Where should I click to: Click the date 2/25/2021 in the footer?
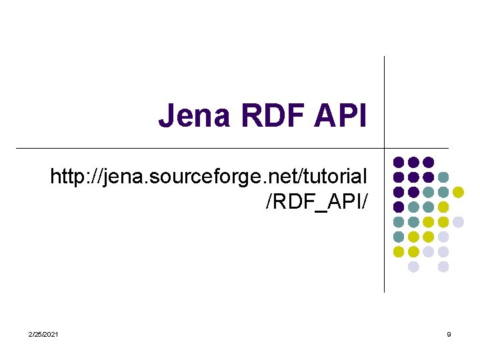coord(43,333)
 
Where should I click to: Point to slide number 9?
coord(449,333)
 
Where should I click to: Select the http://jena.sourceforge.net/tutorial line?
coord(208,177)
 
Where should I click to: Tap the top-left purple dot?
coord(399,162)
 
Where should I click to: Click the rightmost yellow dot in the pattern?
coord(458,192)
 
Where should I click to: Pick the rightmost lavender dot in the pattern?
coord(458,222)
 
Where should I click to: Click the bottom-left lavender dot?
coord(413,267)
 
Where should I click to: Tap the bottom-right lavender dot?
coord(443,267)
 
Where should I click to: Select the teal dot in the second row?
coord(443,177)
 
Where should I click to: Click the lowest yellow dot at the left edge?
coord(399,252)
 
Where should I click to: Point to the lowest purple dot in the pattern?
coord(399,207)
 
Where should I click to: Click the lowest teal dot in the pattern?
coord(399,237)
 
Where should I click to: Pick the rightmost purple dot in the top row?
coord(429,162)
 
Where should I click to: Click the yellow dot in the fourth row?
coord(443,207)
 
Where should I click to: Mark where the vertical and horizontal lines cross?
coord(385,148)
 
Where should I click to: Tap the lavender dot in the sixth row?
coord(443,237)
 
